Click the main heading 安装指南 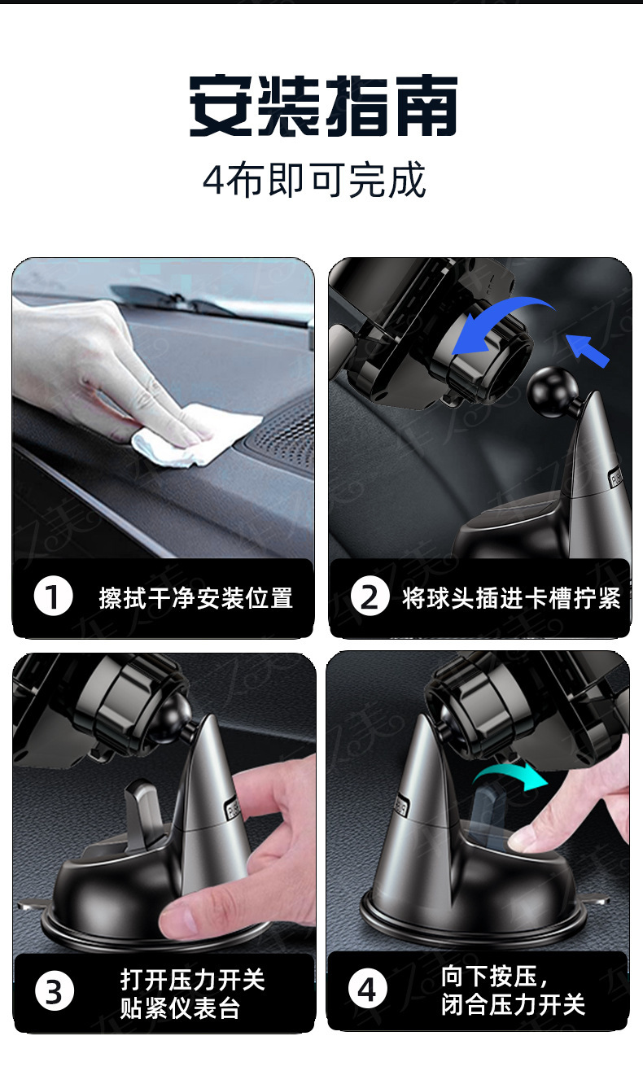click(322, 106)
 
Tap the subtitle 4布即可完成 click(314, 180)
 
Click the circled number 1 click(53, 597)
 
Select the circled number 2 click(370, 597)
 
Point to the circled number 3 click(55, 991)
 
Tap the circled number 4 click(367, 989)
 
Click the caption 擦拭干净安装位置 click(196, 598)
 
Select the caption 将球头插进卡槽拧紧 click(511, 598)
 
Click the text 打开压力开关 click(193, 980)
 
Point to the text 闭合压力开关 click(514, 1004)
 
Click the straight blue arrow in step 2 click(588, 351)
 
